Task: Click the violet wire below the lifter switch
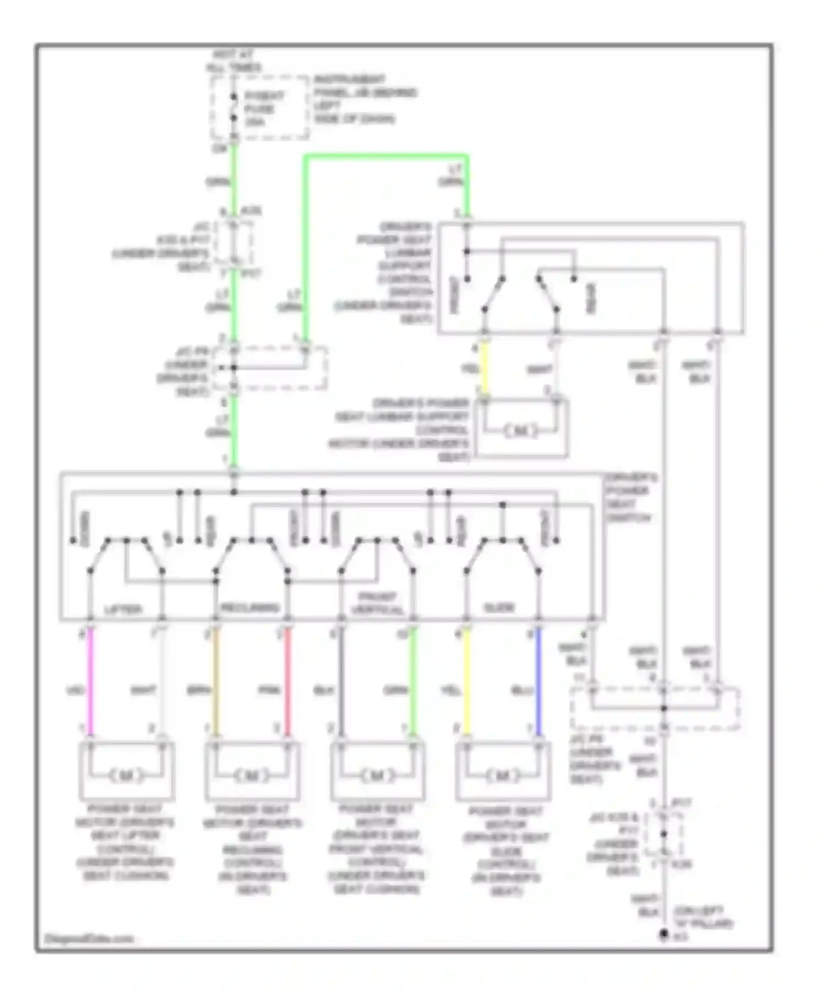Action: tap(91, 681)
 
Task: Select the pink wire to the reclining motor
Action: tap(288, 681)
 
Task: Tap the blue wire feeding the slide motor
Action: tap(538, 681)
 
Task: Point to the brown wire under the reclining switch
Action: tap(216, 681)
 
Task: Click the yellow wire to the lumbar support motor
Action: tap(484, 369)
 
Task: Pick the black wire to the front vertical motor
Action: tap(341, 681)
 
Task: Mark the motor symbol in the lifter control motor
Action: tap(126, 776)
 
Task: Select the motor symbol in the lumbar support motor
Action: tap(521, 430)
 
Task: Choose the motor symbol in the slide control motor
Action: tap(503, 776)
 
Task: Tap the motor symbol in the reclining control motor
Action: tap(252, 776)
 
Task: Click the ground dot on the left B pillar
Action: tap(663, 934)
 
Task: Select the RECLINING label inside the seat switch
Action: tap(250, 608)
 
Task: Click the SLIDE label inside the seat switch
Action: tap(499, 608)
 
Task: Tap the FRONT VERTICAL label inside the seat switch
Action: tap(377, 603)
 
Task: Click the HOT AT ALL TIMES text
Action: tap(234, 61)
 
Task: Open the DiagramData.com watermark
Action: tap(88, 938)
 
